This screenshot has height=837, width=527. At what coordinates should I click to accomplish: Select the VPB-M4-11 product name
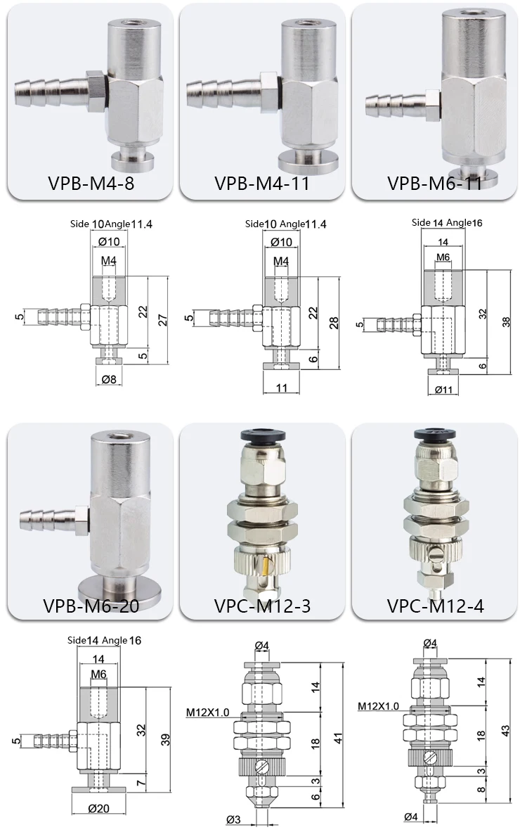click(x=261, y=184)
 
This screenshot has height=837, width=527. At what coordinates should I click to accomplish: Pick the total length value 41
click(x=337, y=739)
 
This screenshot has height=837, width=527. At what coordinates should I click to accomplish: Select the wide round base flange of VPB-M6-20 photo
click(x=112, y=583)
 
